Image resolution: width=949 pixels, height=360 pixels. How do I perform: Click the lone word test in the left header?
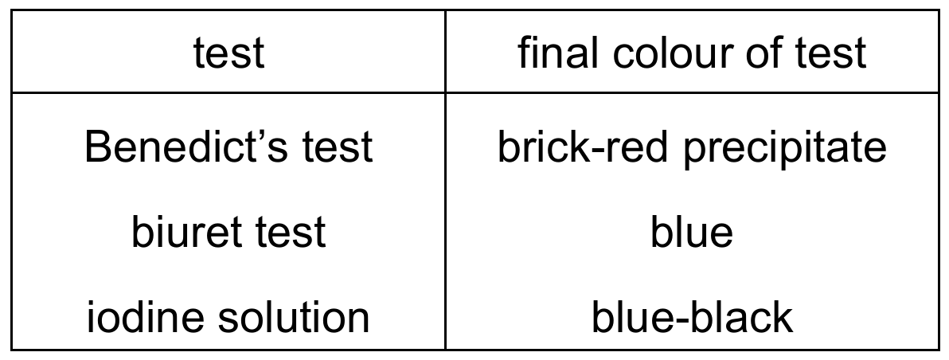coord(228,53)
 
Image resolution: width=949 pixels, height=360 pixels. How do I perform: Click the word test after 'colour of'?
coord(830,53)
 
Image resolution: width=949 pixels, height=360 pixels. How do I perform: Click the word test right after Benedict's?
coord(338,148)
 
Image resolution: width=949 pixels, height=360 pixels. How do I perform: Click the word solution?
coord(294,317)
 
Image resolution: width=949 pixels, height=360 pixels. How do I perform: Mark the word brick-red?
coord(582,147)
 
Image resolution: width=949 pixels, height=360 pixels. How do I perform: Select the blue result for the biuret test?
coord(692,232)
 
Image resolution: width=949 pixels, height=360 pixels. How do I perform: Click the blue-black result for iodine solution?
coord(692,317)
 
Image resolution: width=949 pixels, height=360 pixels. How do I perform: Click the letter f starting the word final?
coord(526,52)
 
